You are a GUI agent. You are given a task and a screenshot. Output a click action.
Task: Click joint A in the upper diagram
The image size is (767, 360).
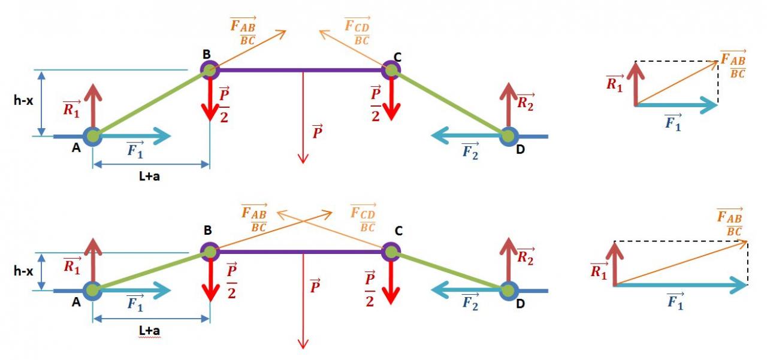[92, 136]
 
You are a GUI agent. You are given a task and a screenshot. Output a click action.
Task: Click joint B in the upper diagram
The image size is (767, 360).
[209, 70]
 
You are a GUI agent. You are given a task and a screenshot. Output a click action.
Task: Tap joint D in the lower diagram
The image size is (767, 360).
[508, 291]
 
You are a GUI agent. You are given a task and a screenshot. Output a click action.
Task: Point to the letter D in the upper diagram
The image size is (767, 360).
[520, 150]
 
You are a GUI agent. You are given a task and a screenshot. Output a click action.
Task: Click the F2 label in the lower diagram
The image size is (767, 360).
[470, 302]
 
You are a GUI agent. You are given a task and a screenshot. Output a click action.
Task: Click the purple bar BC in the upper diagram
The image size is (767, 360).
[300, 70]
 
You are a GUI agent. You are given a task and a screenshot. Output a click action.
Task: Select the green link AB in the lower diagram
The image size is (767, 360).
[150, 271]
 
